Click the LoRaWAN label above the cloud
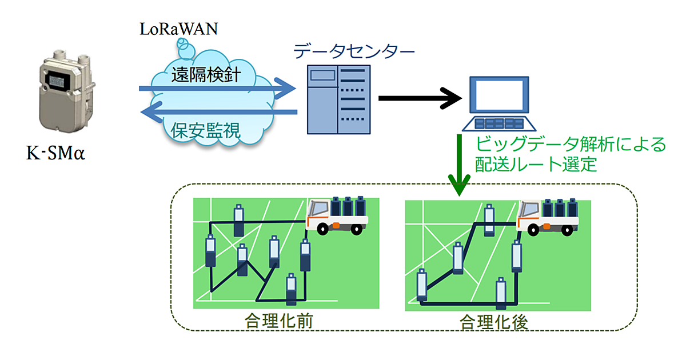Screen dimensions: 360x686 pos(178,29)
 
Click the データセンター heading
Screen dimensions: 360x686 pos(354,52)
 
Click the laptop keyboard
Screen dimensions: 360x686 pos(497,124)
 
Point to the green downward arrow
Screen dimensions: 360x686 pos(459,166)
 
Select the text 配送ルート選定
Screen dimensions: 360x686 pos(536,165)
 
